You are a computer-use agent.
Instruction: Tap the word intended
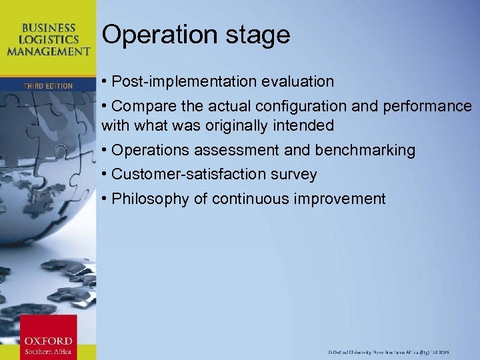(306, 125)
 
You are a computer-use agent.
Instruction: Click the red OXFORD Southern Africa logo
(48, 337)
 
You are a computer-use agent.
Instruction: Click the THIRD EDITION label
(48, 86)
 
